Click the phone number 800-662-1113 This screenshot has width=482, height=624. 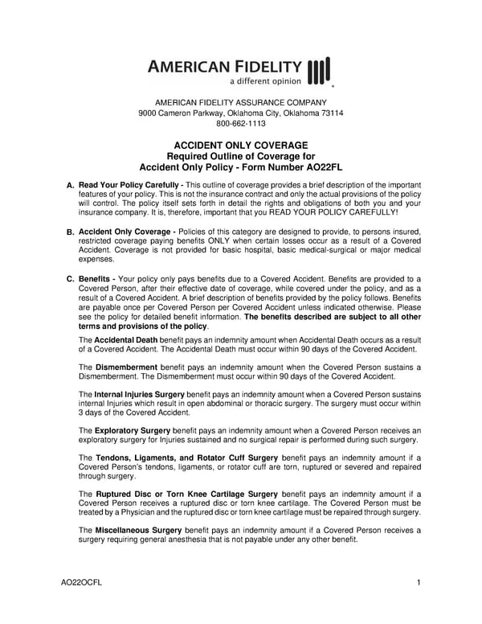[241, 124]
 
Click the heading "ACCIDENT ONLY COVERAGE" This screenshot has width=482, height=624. [241, 145]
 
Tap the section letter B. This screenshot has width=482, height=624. [70, 232]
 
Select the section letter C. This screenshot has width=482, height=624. [70, 278]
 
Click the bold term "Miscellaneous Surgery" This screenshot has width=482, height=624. [138, 530]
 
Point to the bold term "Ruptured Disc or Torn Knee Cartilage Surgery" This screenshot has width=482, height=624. [186, 493]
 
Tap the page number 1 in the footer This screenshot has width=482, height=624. [419, 581]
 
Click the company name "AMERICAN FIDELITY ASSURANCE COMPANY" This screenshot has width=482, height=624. [241, 103]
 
